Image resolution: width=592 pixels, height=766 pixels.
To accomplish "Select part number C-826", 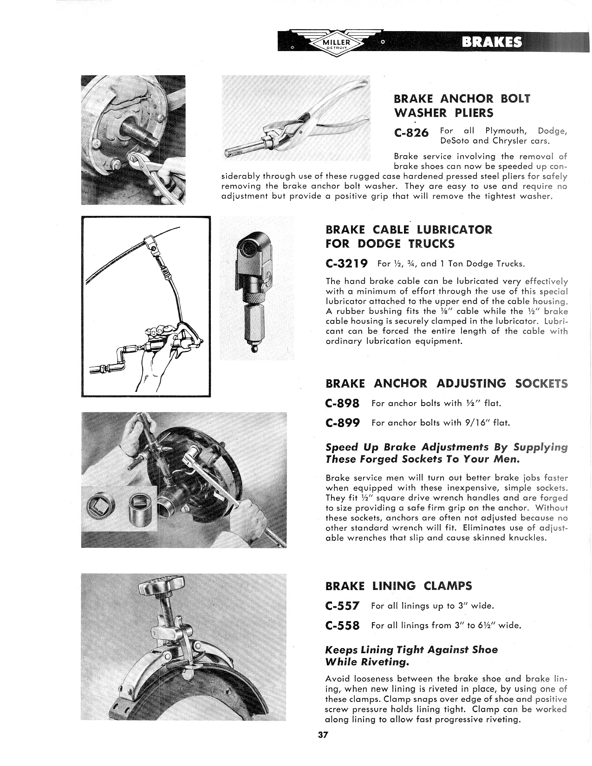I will click(411, 133).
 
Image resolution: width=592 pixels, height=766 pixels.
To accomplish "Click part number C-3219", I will click(347, 264).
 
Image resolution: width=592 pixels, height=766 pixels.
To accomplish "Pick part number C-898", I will click(343, 403).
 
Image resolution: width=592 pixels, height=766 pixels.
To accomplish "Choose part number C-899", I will click(343, 423).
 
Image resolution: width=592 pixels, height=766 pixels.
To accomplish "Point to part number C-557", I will click(343, 606).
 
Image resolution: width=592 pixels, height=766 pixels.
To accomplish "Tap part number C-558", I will click(343, 625).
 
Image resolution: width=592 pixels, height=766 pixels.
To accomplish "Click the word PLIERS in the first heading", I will click(468, 113).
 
